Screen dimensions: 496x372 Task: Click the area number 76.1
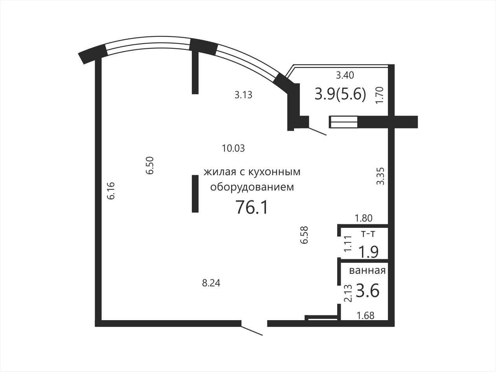pos(252,207)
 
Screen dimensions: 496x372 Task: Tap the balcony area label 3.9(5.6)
pos(340,94)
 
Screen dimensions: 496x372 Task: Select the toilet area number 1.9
pos(369,252)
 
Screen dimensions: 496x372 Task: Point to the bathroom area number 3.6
pos(367,291)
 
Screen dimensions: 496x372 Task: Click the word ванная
pos(367,271)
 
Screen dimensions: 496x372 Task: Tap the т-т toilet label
pos(368,234)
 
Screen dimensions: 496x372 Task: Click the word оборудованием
pos(252,187)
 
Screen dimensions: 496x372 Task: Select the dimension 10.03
pos(233,148)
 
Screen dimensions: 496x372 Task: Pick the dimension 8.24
pos(211,283)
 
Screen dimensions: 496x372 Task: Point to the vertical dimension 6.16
pos(111,191)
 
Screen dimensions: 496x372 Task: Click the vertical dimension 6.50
pos(150,165)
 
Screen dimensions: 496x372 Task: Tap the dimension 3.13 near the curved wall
pos(243,95)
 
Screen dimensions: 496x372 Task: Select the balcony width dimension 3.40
pos(345,75)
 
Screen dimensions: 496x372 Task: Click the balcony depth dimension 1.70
pos(380,95)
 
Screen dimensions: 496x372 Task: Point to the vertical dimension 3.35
pos(380,176)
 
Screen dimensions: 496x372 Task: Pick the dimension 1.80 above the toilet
pos(364,218)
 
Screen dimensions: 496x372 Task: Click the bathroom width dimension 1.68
pos(366,315)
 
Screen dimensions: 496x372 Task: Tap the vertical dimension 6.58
pos(304,235)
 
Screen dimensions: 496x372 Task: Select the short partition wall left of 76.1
pos(195,194)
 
